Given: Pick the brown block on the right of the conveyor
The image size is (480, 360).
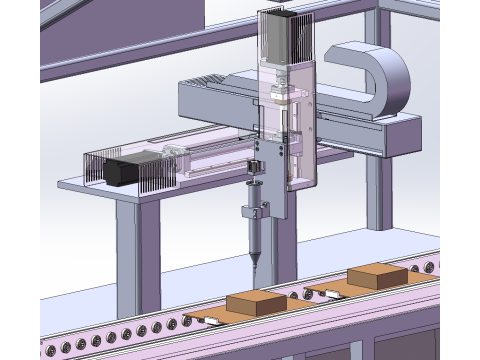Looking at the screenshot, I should (x=377, y=274).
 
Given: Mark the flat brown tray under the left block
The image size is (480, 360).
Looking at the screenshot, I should (x=230, y=320).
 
